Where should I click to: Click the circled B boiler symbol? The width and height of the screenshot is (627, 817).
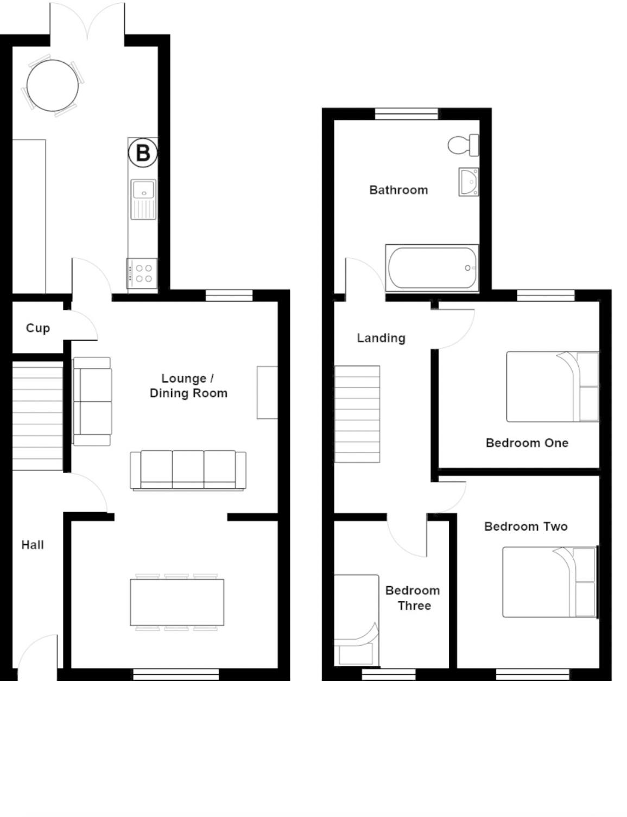[143, 152]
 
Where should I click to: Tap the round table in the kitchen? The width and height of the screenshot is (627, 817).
[53, 86]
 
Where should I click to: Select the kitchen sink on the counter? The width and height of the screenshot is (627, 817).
[143, 198]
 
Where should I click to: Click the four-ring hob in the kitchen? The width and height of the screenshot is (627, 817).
[143, 273]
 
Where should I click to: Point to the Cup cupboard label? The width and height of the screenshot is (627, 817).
[38, 328]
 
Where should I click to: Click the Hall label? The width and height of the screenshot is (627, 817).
[33, 545]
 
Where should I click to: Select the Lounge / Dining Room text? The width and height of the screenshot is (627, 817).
[188, 386]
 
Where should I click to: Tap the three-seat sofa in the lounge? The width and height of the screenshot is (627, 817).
[188, 470]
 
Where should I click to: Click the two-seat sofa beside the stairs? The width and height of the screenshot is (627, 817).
[92, 401]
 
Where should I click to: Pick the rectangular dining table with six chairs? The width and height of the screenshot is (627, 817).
[177, 602]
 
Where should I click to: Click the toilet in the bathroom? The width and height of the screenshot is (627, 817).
[463, 145]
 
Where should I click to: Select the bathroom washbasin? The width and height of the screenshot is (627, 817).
[468, 182]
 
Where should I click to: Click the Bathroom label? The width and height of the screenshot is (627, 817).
[398, 190]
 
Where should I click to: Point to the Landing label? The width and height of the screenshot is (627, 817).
[381, 338]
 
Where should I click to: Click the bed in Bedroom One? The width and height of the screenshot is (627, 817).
[552, 386]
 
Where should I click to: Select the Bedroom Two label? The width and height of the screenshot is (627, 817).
[525, 526]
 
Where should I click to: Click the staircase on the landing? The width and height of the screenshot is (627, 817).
[357, 414]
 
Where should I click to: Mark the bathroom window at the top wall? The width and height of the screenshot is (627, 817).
[406, 114]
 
